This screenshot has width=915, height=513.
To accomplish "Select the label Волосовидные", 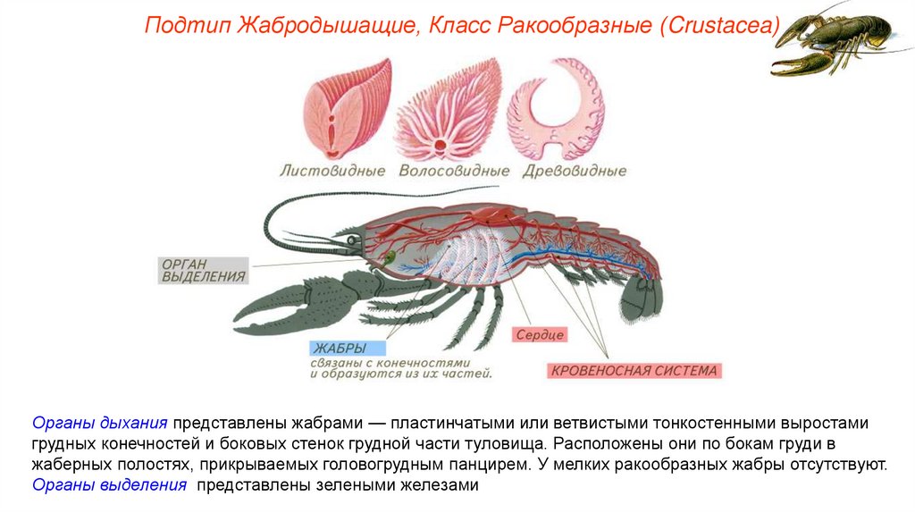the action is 454,171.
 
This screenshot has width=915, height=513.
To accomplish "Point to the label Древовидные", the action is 573,171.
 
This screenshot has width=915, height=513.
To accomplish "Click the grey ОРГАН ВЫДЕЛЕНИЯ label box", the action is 204,270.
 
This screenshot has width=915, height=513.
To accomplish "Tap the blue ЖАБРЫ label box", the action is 348,348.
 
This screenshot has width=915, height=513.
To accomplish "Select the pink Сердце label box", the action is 540,335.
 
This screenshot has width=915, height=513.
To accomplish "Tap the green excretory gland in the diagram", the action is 390,257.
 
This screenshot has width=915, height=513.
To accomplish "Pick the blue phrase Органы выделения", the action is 110,485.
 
